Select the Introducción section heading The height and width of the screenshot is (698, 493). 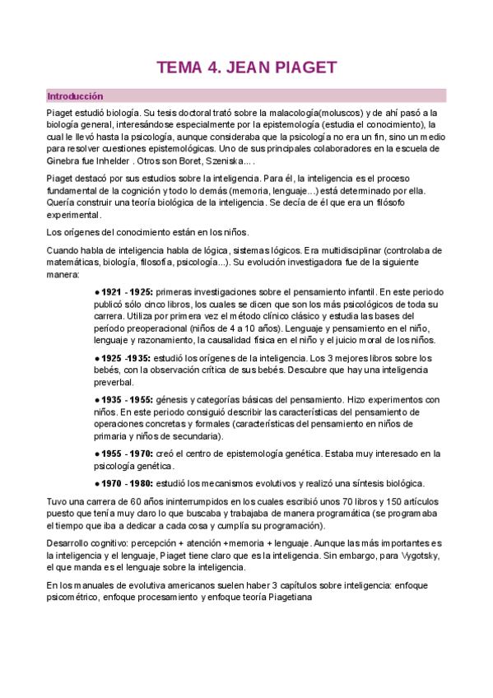(75, 95)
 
